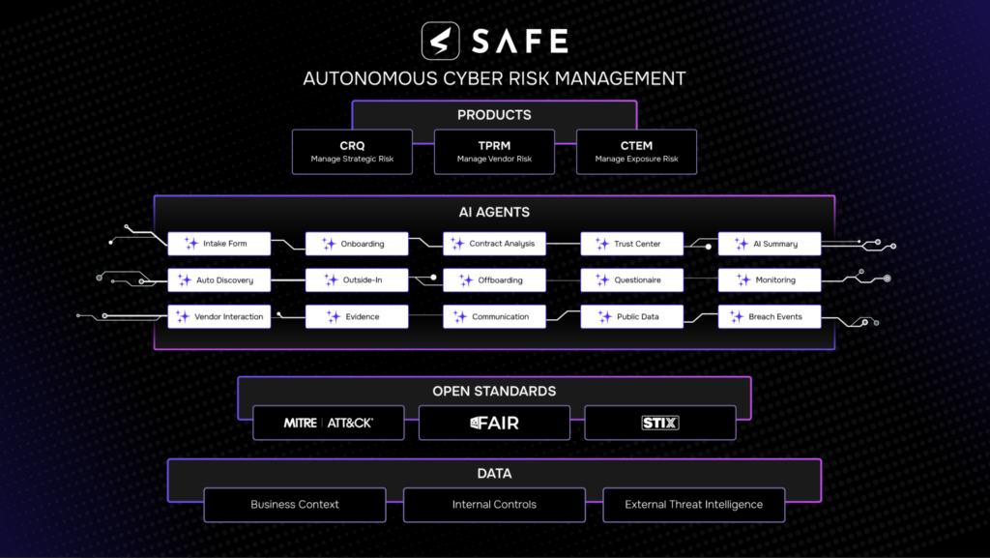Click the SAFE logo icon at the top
440,41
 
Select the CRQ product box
352,152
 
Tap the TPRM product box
494,152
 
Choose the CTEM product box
636,152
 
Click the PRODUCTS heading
494,115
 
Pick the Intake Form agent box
219,244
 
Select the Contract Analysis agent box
494,244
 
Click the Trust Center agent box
632,244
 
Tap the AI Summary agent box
770,244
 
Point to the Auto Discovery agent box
219,280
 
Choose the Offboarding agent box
494,280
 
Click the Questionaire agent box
632,280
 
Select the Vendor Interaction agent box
219,316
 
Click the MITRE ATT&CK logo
329,423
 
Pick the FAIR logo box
494,423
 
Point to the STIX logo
660,423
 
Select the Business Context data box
295,505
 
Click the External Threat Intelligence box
693,505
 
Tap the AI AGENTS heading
494,212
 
